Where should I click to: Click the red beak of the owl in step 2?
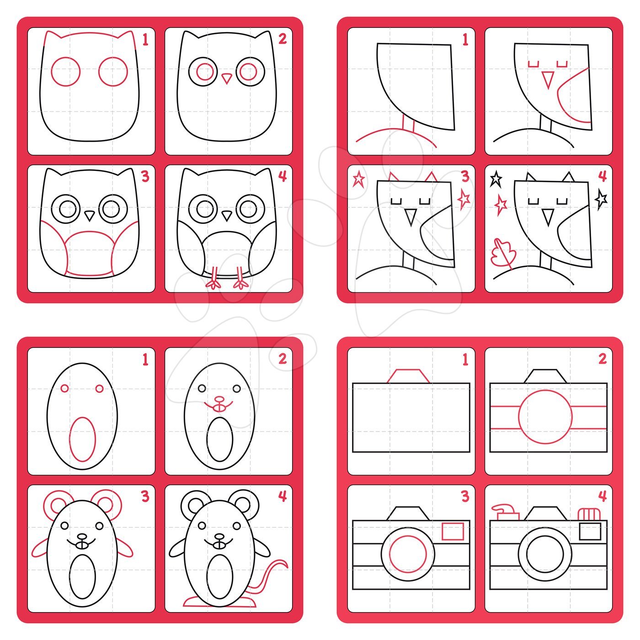pos(227,78)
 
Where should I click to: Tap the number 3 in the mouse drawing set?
pos(145,496)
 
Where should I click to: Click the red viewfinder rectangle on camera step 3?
pos(453,531)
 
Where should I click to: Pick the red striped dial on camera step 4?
pos(589,514)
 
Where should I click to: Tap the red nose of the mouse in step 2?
pos(219,399)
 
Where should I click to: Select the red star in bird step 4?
pos(501,205)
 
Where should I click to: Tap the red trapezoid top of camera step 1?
pos(408,376)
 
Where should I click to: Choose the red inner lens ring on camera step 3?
pos(408,555)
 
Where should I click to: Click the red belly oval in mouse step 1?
pos(82,439)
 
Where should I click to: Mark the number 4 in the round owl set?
pos(283,176)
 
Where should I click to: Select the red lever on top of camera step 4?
pos(505,512)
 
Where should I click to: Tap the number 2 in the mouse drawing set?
pos(283,359)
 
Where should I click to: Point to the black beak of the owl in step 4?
pos(227,216)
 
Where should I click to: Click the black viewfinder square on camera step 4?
pos(590,531)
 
